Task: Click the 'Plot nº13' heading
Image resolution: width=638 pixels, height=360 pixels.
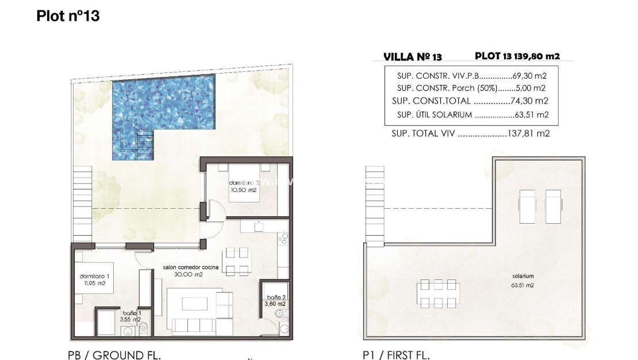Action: (68, 16)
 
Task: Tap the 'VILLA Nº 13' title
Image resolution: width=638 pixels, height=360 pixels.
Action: (412, 57)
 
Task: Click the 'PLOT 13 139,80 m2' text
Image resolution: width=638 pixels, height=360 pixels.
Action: (517, 56)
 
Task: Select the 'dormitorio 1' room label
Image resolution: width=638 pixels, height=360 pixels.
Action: (94, 276)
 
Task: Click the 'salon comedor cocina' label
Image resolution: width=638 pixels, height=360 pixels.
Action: (183, 267)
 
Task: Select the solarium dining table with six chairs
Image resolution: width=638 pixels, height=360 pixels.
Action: (439, 294)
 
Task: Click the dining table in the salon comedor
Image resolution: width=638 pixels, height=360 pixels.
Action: (237, 262)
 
